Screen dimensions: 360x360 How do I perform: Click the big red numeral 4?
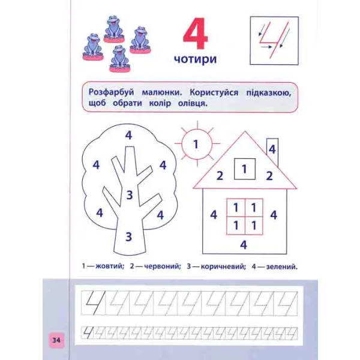(196, 34)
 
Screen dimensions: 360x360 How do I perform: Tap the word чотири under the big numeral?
(196, 59)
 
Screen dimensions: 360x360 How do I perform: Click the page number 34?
(56, 340)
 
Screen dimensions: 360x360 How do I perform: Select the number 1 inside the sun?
(196, 145)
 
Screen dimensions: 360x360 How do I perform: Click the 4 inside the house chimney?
(272, 149)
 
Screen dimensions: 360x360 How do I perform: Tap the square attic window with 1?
(245, 169)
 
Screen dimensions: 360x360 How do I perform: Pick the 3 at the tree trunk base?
(129, 237)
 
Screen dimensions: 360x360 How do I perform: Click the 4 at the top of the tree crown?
(128, 135)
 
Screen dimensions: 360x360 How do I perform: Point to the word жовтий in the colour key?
(110, 266)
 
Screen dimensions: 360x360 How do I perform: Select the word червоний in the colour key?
(163, 266)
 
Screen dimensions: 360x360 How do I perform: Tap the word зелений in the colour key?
(282, 267)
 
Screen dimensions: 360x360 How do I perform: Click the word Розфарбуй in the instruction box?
(112, 92)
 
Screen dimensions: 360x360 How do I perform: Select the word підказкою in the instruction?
(269, 93)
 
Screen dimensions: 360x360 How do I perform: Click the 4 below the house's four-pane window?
(244, 245)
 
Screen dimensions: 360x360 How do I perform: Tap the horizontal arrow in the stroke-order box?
(266, 47)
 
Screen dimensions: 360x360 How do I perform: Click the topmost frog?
(114, 29)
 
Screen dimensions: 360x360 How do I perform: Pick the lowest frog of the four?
(119, 59)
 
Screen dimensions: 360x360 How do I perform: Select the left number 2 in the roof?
(220, 176)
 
